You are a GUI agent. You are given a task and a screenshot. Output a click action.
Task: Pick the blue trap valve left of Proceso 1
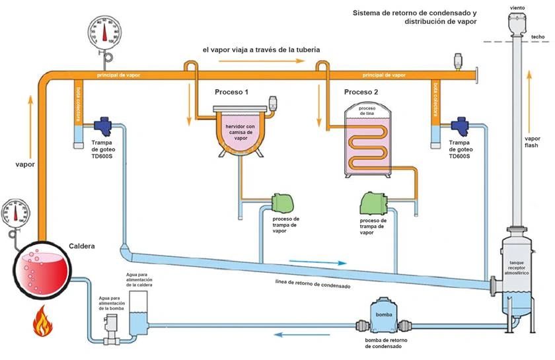pos(103,125)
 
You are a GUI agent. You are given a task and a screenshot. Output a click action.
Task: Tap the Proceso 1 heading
pos(231,92)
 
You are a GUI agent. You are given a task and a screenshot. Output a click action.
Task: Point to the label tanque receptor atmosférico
pos(516,267)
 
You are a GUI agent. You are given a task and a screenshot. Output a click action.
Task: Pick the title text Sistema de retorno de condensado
pos(414,13)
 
